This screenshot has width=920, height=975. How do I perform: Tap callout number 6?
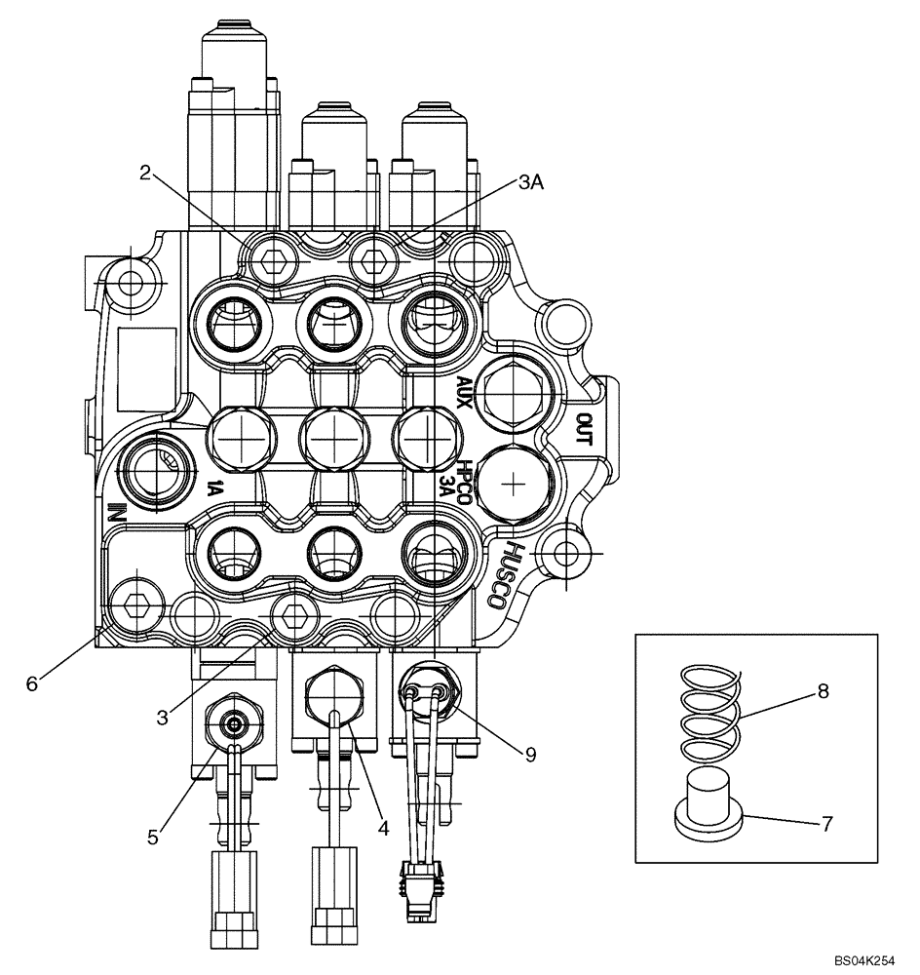click(x=32, y=684)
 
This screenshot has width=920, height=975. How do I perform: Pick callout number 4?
click(x=384, y=828)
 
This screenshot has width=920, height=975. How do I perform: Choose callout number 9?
click(x=530, y=753)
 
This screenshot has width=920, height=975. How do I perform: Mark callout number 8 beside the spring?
click(x=824, y=691)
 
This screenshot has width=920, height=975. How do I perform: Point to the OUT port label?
click(x=585, y=426)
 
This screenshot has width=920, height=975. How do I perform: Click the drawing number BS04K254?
click(x=862, y=960)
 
